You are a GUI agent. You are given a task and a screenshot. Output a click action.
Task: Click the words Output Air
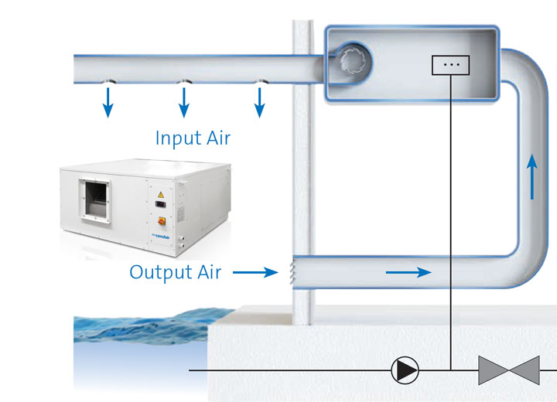pyautogui.click(x=176, y=272)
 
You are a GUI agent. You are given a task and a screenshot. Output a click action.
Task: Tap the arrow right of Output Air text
pyautogui.click(x=255, y=272)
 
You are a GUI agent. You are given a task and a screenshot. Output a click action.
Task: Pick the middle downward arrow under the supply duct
pyautogui.click(x=184, y=103)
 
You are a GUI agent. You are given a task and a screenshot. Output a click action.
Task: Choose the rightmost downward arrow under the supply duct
pyautogui.click(x=260, y=103)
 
